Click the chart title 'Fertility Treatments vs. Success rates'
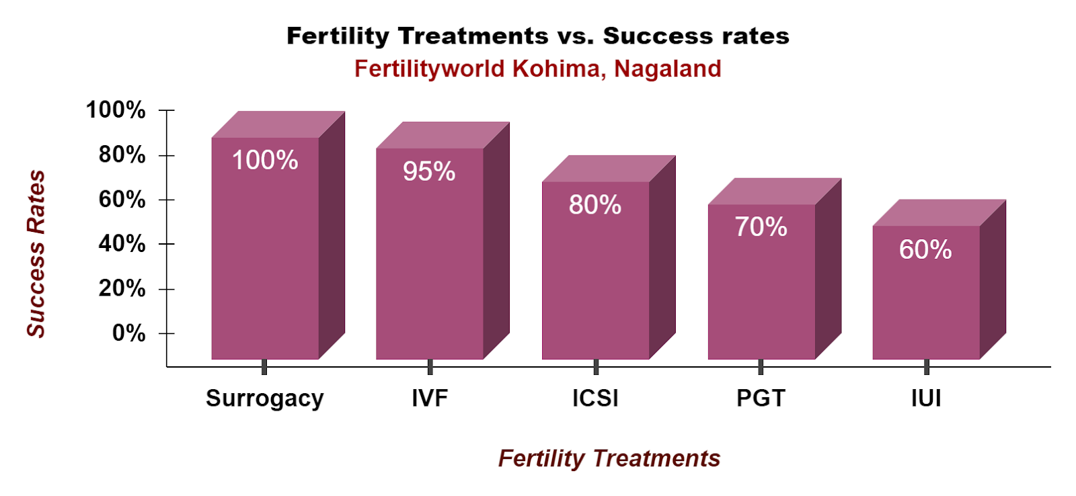pos(538,36)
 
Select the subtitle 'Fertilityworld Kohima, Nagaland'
pos(538,69)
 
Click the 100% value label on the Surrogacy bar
pos(265,161)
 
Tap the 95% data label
pos(429,171)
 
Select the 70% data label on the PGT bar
pos(761,227)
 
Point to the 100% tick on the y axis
pos(116,110)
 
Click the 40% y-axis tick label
pos(122,244)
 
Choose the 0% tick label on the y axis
pos(128,333)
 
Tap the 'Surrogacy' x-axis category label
pos(265,399)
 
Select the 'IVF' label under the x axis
pos(430,399)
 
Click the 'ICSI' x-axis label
pos(595,399)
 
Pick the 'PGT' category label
pos(761,399)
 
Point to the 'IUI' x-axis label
pos(926,399)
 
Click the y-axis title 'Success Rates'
pos(36,253)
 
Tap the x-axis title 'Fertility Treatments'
pos(609,458)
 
